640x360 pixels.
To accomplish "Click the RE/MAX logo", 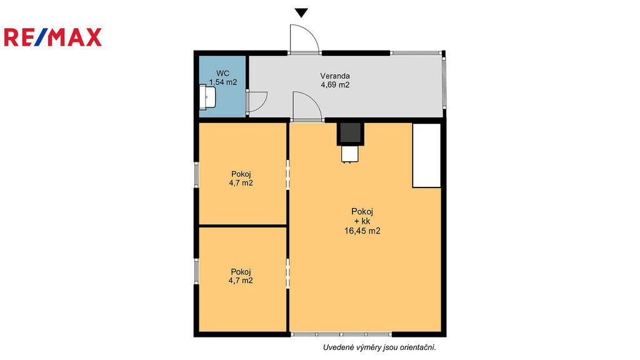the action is pyautogui.click(x=52, y=37).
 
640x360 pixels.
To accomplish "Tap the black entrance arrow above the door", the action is pyautogui.click(x=301, y=13).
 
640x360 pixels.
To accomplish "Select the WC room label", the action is pyautogui.click(x=222, y=74).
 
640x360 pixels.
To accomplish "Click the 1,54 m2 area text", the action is pyautogui.click(x=223, y=82).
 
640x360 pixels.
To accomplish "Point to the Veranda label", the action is pyautogui.click(x=335, y=76).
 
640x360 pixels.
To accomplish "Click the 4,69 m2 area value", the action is pyautogui.click(x=335, y=85).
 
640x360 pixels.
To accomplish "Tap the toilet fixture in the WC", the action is pyautogui.click(x=207, y=97).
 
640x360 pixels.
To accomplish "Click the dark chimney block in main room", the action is pyautogui.click(x=350, y=133).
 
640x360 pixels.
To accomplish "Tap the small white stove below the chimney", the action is pyautogui.click(x=350, y=154).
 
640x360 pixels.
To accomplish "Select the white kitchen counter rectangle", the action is pyautogui.click(x=426, y=156).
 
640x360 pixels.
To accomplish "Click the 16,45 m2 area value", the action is pyautogui.click(x=362, y=231).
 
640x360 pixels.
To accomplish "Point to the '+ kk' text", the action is pyautogui.click(x=362, y=221).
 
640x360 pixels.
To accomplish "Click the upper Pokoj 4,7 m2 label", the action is pyautogui.click(x=241, y=179).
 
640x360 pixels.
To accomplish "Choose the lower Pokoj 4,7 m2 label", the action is pyautogui.click(x=241, y=276).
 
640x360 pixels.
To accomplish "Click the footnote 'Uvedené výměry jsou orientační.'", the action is pyautogui.click(x=379, y=347).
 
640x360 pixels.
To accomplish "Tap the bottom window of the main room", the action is pyautogui.click(x=341, y=334).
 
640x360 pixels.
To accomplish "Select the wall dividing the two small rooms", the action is pyautogui.click(x=243, y=226).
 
